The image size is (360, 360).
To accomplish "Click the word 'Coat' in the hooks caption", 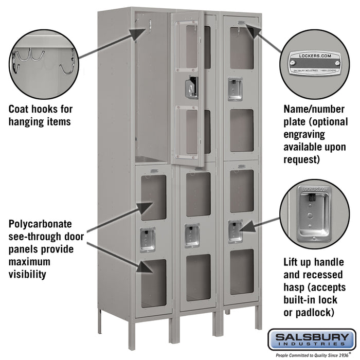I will point(20,110).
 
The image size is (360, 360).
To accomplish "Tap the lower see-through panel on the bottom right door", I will point(241,272).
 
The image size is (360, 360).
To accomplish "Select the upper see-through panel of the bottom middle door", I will point(198,194).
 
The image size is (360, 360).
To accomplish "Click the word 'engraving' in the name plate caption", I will point(305,134).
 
